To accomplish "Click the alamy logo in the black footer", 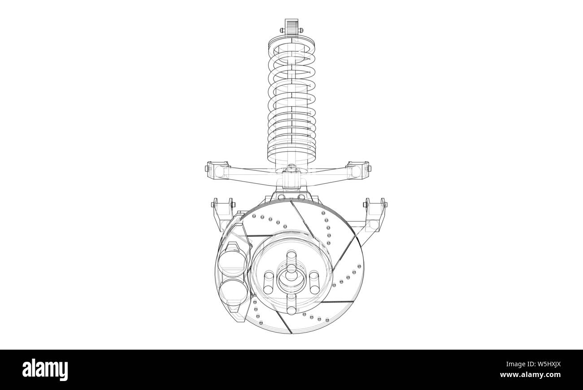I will click(x=45, y=370).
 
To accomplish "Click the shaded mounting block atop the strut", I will click(x=291, y=26).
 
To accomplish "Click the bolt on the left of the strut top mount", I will click(x=281, y=30).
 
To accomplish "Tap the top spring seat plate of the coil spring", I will click(x=292, y=44).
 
